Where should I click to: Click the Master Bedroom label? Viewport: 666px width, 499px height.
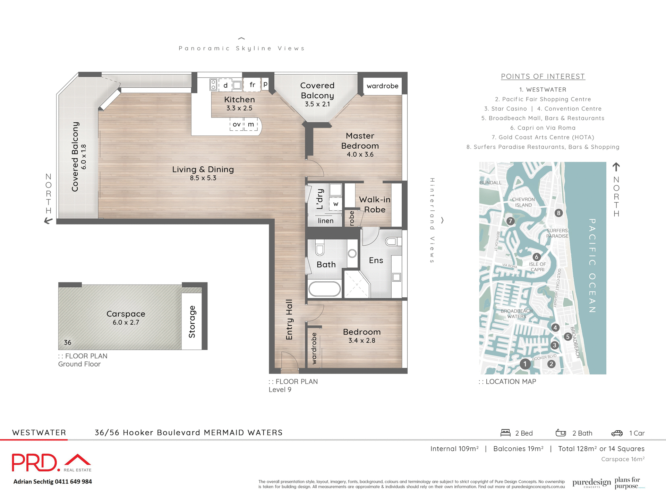click(x=360, y=141)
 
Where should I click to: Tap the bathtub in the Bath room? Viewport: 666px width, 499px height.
click(x=325, y=289)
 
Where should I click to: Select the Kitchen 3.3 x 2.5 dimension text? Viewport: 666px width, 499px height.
click(x=239, y=108)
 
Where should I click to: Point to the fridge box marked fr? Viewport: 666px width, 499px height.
click(x=252, y=85)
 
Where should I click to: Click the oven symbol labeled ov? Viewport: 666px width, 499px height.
click(x=237, y=124)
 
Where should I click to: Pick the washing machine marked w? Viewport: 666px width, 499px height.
click(x=335, y=204)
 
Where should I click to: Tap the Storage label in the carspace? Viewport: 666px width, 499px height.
click(x=192, y=322)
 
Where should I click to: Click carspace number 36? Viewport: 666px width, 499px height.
click(x=68, y=342)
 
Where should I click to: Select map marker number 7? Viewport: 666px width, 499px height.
click(x=510, y=221)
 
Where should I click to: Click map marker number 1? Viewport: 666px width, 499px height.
click(x=525, y=364)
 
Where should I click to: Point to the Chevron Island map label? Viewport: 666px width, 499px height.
click(x=523, y=202)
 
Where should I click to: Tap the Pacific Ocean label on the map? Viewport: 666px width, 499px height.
click(x=592, y=265)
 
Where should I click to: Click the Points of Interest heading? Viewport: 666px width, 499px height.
click(x=543, y=76)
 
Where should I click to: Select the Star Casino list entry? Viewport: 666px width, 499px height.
click(x=505, y=109)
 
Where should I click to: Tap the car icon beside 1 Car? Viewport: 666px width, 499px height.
click(x=617, y=433)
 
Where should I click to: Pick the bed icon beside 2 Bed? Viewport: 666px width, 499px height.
click(x=505, y=433)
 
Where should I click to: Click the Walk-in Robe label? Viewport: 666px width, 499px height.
click(x=375, y=204)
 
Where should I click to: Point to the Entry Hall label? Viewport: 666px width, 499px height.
click(x=289, y=319)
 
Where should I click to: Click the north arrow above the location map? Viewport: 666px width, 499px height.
click(x=616, y=167)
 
